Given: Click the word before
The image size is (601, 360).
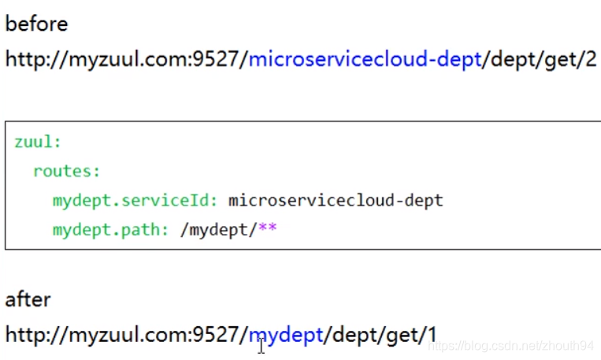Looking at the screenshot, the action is pos(36,24).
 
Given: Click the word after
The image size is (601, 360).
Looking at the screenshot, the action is pos(28,299).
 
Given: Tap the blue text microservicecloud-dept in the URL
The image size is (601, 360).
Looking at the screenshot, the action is pos(365,60).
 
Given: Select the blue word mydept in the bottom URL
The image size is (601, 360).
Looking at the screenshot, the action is pos(286,335).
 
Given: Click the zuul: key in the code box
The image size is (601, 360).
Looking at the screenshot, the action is pos(38,143).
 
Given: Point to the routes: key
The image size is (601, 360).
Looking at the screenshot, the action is pos(67,171).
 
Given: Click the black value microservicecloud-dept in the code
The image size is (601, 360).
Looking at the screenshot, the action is pos(336,200).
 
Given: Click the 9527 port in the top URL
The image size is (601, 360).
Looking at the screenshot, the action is pos(217,60).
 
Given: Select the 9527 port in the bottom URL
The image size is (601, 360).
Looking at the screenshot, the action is pos(217,335).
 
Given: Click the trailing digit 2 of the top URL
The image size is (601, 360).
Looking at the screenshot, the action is pos(591,60).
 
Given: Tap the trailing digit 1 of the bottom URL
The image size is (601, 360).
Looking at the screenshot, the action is pos(432,335).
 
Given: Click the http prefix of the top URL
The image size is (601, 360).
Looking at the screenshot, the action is pos(24,60).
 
